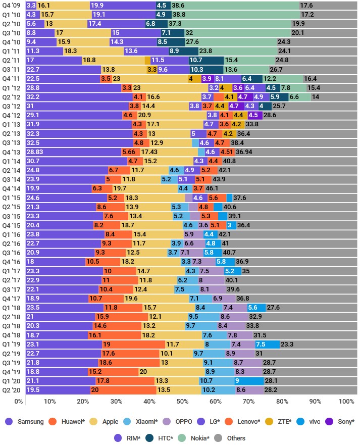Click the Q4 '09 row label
[x=11, y=6]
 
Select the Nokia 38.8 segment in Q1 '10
[x=236, y=15]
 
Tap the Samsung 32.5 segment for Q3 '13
[x=79, y=143]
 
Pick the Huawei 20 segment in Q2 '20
[x=123, y=390]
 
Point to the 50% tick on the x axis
[x=182, y=401]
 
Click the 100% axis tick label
[x=346, y=401]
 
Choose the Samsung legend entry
[x=25, y=421]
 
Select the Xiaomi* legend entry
[x=140, y=421]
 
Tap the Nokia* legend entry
[x=194, y=438]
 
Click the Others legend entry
[x=230, y=438]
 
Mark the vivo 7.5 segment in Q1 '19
[x=267, y=344]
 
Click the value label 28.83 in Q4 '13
[x=35, y=152]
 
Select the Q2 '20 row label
[x=11, y=390]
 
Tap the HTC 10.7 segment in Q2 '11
[x=206, y=60]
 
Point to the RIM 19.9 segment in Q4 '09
[x=123, y=6]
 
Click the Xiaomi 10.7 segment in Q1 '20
[x=217, y=381]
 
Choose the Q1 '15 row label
[x=11, y=198]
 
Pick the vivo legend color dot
[x=300, y=421]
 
